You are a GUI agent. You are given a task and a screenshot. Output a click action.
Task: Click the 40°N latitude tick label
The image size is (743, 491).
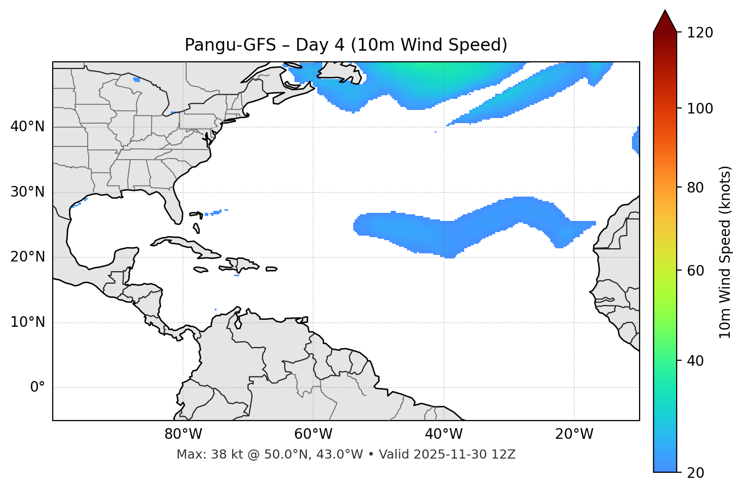click(x=27, y=127)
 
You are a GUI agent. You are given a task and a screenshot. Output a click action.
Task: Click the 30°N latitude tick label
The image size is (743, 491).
click(x=27, y=192)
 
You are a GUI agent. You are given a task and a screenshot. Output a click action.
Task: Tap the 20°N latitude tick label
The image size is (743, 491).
click(x=27, y=257)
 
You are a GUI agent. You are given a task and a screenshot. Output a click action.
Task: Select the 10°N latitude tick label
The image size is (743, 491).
click(x=27, y=322)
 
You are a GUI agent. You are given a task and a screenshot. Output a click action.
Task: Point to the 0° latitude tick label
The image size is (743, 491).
click(x=37, y=388)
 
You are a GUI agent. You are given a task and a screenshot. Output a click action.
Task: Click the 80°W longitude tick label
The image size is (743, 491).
click(x=183, y=434)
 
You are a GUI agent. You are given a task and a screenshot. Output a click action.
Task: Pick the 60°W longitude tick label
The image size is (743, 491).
click(x=313, y=434)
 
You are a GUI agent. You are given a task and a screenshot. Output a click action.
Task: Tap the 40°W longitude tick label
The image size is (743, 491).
click(x=443, y=434)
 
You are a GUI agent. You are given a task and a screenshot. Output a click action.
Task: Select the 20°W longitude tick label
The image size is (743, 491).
click(x=574, y=434)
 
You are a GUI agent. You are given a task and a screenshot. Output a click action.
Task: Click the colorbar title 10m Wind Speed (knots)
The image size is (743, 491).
click(x=725, y=252)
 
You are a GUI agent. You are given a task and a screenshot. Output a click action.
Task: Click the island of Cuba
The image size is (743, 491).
click(x=182, y=244)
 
